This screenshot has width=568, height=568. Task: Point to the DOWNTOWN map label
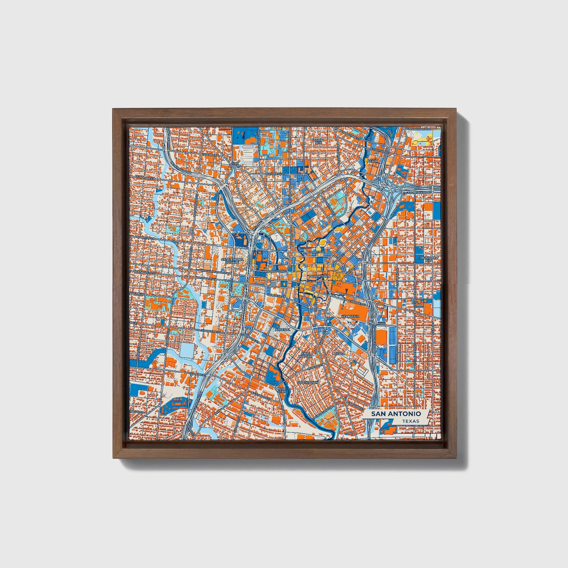pyautogui.click(x=320, y=276)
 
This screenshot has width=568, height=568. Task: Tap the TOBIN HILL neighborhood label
pyautogui.click(x=318, y=142)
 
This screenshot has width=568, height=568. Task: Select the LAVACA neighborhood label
pyautogui.click(x=338, y=354)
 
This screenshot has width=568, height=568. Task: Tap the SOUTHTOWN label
pyautogui.click(x=307, y=382)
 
